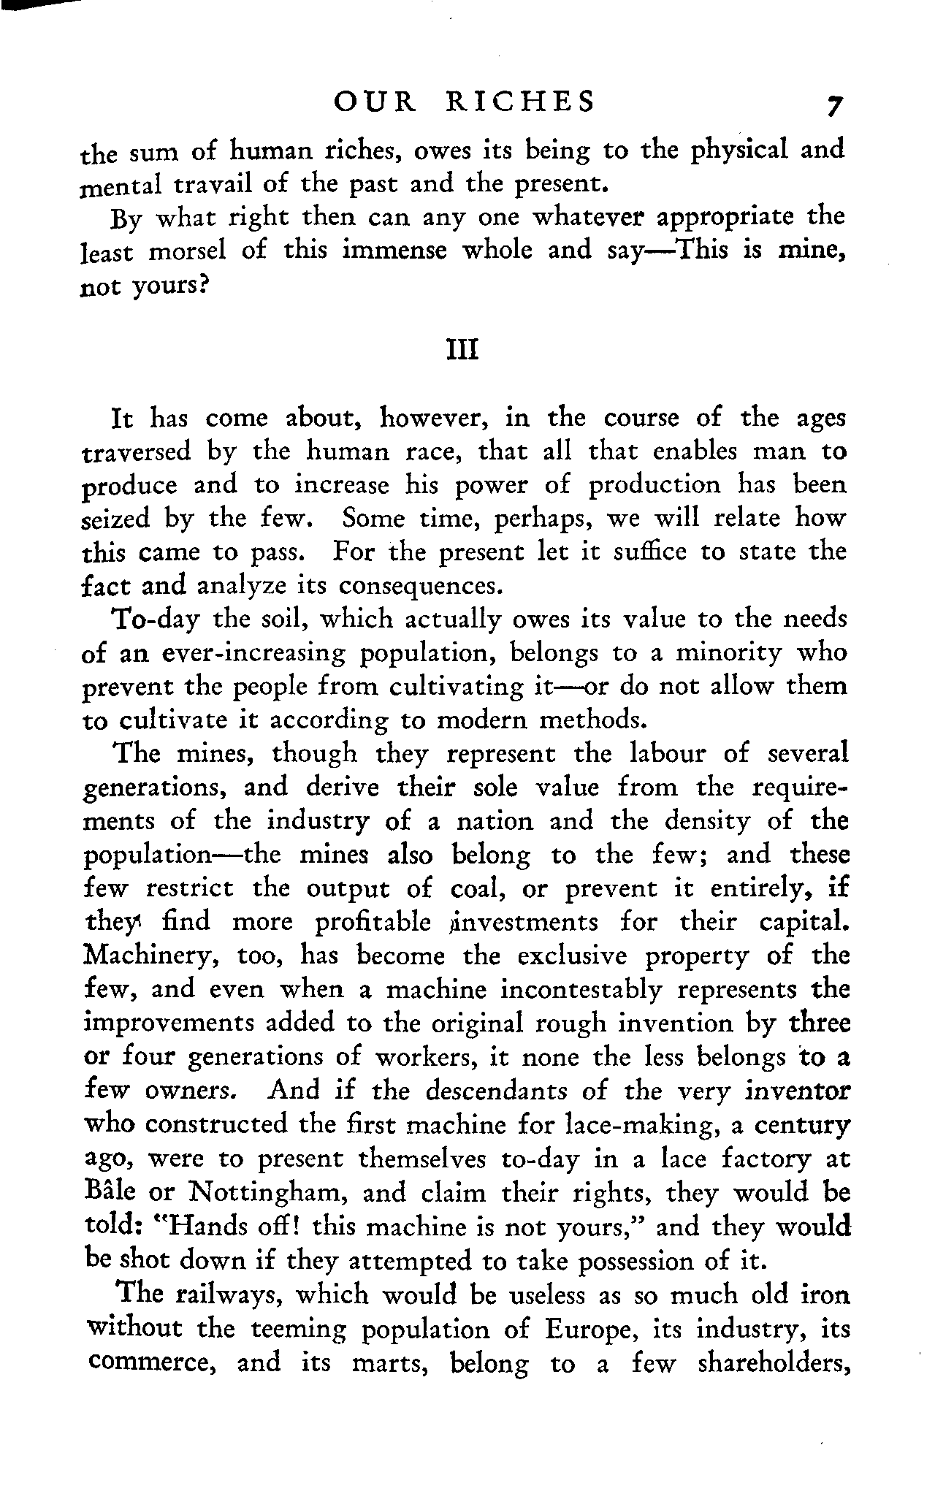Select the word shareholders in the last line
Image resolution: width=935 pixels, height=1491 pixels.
coord(774,1362)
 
